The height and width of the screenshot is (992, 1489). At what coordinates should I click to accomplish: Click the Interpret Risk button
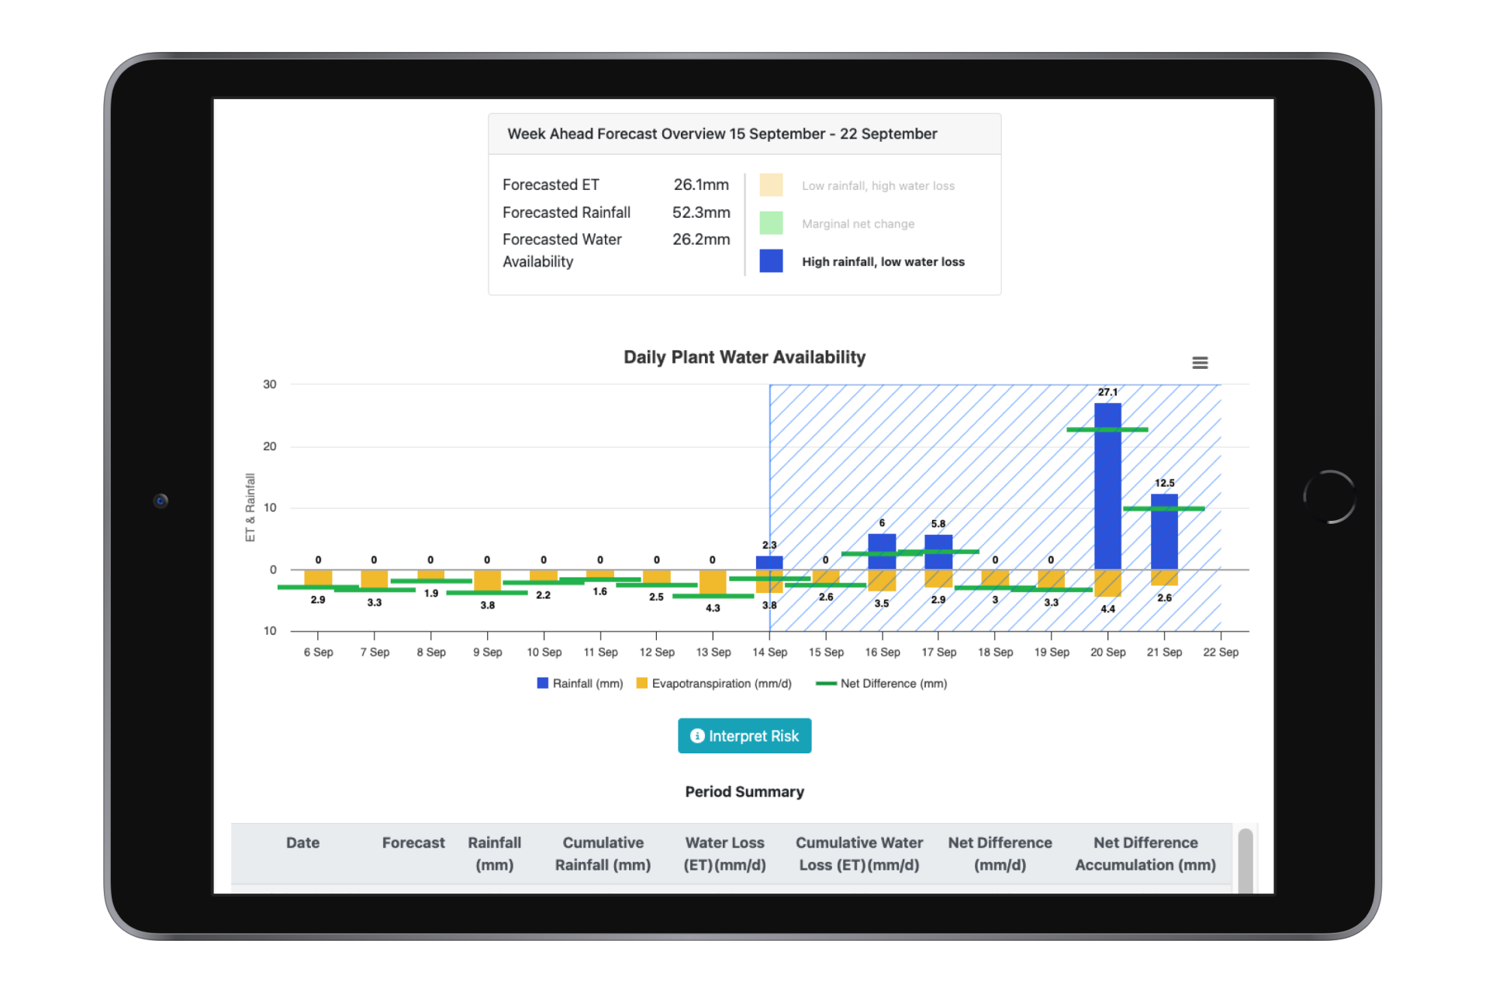coord(744,735)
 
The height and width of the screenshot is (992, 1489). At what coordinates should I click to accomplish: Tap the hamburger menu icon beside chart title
coord(1199,363)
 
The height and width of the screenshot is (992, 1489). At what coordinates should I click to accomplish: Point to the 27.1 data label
coord(1107,392)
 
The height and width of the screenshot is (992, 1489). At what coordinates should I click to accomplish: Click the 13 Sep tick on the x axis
coord(713,652)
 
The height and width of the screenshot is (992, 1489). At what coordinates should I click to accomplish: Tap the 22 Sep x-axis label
coord(1220,652)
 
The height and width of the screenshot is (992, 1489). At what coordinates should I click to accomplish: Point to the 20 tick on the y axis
coord(269,446)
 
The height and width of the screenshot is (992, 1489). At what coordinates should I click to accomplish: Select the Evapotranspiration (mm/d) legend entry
coord(713,684)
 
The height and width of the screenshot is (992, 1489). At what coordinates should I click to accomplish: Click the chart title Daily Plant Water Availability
coord(744,357)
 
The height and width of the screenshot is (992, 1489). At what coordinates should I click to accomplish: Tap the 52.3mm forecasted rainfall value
coord(700,212)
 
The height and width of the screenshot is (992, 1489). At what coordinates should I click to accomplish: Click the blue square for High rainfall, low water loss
coord(770,261)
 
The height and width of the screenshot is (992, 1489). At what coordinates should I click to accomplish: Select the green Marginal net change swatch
coord(770,223)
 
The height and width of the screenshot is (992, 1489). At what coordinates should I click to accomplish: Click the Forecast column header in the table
coord(413,842)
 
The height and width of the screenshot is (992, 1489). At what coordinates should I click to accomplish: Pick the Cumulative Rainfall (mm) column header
coord(602,853)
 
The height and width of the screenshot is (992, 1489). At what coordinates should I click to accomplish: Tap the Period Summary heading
coord(744,791)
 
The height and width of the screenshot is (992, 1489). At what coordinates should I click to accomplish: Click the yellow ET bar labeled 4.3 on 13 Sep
coord(712,582)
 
